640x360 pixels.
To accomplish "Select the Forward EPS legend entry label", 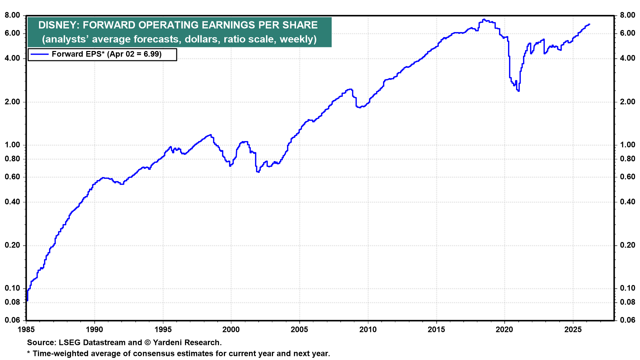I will (x=107, y=54).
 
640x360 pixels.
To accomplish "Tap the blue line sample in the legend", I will (x=39, y=54).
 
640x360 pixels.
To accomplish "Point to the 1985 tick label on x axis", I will (x=26, y=329).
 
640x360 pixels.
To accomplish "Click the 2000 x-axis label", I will (x=231, y=329).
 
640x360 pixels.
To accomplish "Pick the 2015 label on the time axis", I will (x=436, y=329).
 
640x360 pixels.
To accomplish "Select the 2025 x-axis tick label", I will (x=573, y=329).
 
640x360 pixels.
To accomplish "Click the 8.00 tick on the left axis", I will (x=12, y=15).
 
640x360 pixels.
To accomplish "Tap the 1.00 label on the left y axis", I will (x=12, y=145).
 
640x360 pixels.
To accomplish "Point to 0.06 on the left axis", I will (x=12, y=320).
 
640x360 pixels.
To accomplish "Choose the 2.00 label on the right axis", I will (x=628, y=102).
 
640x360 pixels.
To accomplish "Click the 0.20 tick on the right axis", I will (x=628, y=245).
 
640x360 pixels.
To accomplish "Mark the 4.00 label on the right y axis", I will (x=628, y=58).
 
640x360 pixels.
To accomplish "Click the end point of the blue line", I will (x=589, y=24).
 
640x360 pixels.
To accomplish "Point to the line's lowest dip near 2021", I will (x=519, y=91).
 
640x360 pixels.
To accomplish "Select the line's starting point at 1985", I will (x=27, y=300).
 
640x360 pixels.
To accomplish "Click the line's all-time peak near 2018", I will (x=484, y=19).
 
